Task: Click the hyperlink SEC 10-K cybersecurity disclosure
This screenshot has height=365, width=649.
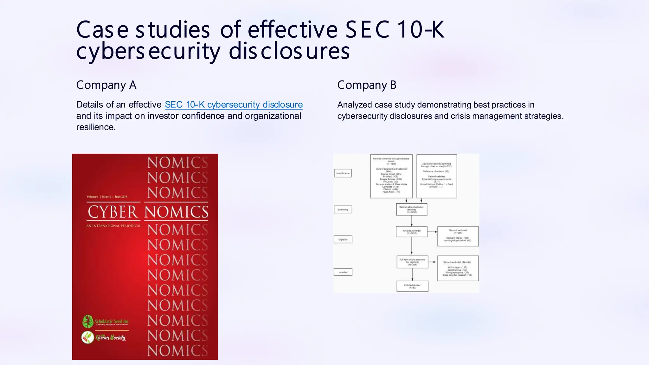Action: coord(234,105)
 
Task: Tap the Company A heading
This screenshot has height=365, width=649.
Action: coord(106,85)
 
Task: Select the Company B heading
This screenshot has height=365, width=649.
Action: coord(367,85)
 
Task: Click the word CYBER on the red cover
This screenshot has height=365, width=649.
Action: coord(112,212)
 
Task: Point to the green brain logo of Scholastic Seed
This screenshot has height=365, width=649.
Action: coord(87,322)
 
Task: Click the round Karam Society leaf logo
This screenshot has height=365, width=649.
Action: coord(87,337)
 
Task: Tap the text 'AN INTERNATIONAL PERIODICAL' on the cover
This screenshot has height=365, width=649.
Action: coord(113,226)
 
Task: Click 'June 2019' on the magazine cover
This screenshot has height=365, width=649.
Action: coord(121,197)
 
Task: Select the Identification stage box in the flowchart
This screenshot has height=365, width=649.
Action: coord(343,173)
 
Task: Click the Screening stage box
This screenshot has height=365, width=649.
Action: coord(343,209)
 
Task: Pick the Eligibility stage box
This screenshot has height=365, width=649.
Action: coord(343,240)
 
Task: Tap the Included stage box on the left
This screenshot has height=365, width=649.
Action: coord(343,272)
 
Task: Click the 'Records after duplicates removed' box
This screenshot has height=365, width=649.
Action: coord(411,209)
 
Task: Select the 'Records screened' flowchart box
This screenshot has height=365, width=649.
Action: coord(411,232)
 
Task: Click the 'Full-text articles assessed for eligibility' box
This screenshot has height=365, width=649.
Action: coord(412,262)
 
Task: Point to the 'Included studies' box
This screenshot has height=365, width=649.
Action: coord(412,286)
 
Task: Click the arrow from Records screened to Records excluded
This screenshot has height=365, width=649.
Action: coord(432,232)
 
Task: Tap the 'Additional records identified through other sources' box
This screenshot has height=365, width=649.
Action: coord(436,176)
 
